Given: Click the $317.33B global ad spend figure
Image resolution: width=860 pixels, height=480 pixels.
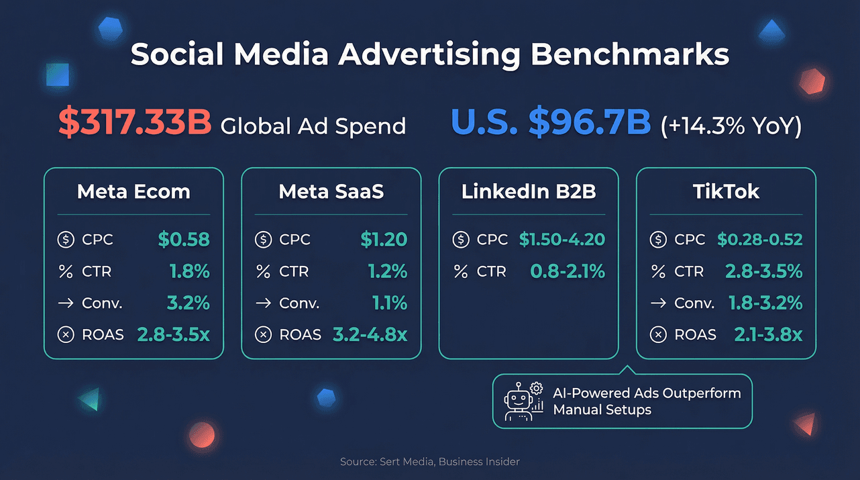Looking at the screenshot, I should [x=135, y=124].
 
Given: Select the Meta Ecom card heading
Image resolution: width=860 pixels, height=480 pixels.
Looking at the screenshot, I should [x=133, y=192].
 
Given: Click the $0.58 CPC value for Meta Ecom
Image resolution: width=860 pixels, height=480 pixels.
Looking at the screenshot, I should [x=184, y=239].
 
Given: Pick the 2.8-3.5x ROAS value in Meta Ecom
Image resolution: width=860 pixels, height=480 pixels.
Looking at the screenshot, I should [x=173, y=334].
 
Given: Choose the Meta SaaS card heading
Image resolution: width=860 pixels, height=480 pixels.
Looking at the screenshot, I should [x=331, y=192].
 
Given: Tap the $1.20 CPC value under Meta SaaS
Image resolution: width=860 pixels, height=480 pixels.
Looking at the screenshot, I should [x=383, y=239].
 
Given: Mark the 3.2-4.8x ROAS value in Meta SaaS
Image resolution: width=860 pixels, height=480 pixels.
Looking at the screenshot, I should [x=370, y=334].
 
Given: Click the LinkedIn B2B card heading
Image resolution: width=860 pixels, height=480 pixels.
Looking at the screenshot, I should [x=529, y=192].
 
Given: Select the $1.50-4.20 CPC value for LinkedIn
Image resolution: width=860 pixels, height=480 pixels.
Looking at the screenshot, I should [x=562, y=239].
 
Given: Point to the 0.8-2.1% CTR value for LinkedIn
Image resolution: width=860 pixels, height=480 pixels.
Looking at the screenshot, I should [x=568, y=271].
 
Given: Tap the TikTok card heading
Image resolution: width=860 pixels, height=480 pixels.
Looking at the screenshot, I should [x=726, y=192].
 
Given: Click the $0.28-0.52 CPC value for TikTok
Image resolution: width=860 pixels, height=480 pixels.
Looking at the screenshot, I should [x=759, y=239].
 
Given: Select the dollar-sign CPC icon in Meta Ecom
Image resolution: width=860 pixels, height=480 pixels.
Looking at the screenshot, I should [x=66, y=240].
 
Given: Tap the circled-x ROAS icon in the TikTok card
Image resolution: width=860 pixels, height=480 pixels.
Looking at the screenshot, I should [x=658, y=334].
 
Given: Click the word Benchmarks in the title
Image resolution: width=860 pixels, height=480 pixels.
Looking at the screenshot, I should [x=629, y=54].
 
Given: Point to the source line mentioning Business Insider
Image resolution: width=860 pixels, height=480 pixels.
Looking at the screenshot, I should [x=429, y=461].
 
